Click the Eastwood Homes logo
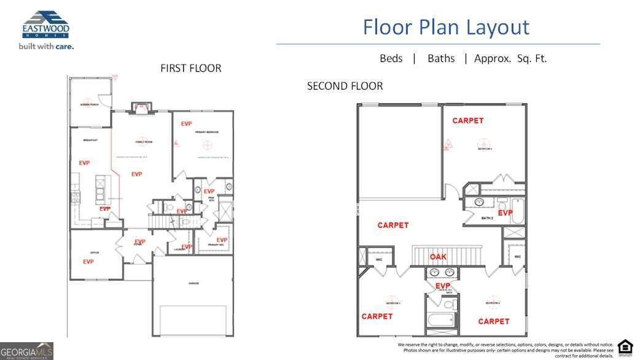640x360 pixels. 45,25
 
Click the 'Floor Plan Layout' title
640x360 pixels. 445,27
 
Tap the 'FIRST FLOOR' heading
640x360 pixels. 190,68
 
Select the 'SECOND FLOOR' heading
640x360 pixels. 345,86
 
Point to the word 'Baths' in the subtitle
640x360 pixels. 441,58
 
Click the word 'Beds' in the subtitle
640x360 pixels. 391,58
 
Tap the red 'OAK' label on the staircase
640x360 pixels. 438,257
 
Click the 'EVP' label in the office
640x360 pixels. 88,262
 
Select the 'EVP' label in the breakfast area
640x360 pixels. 85,163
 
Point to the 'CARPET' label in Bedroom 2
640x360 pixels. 468,120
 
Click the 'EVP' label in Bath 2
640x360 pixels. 505,213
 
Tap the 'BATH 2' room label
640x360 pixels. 488,218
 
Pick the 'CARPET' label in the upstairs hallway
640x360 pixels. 393,225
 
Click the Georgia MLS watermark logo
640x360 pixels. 26,351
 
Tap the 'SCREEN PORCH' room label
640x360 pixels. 90,103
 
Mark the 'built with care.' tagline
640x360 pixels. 46,46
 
